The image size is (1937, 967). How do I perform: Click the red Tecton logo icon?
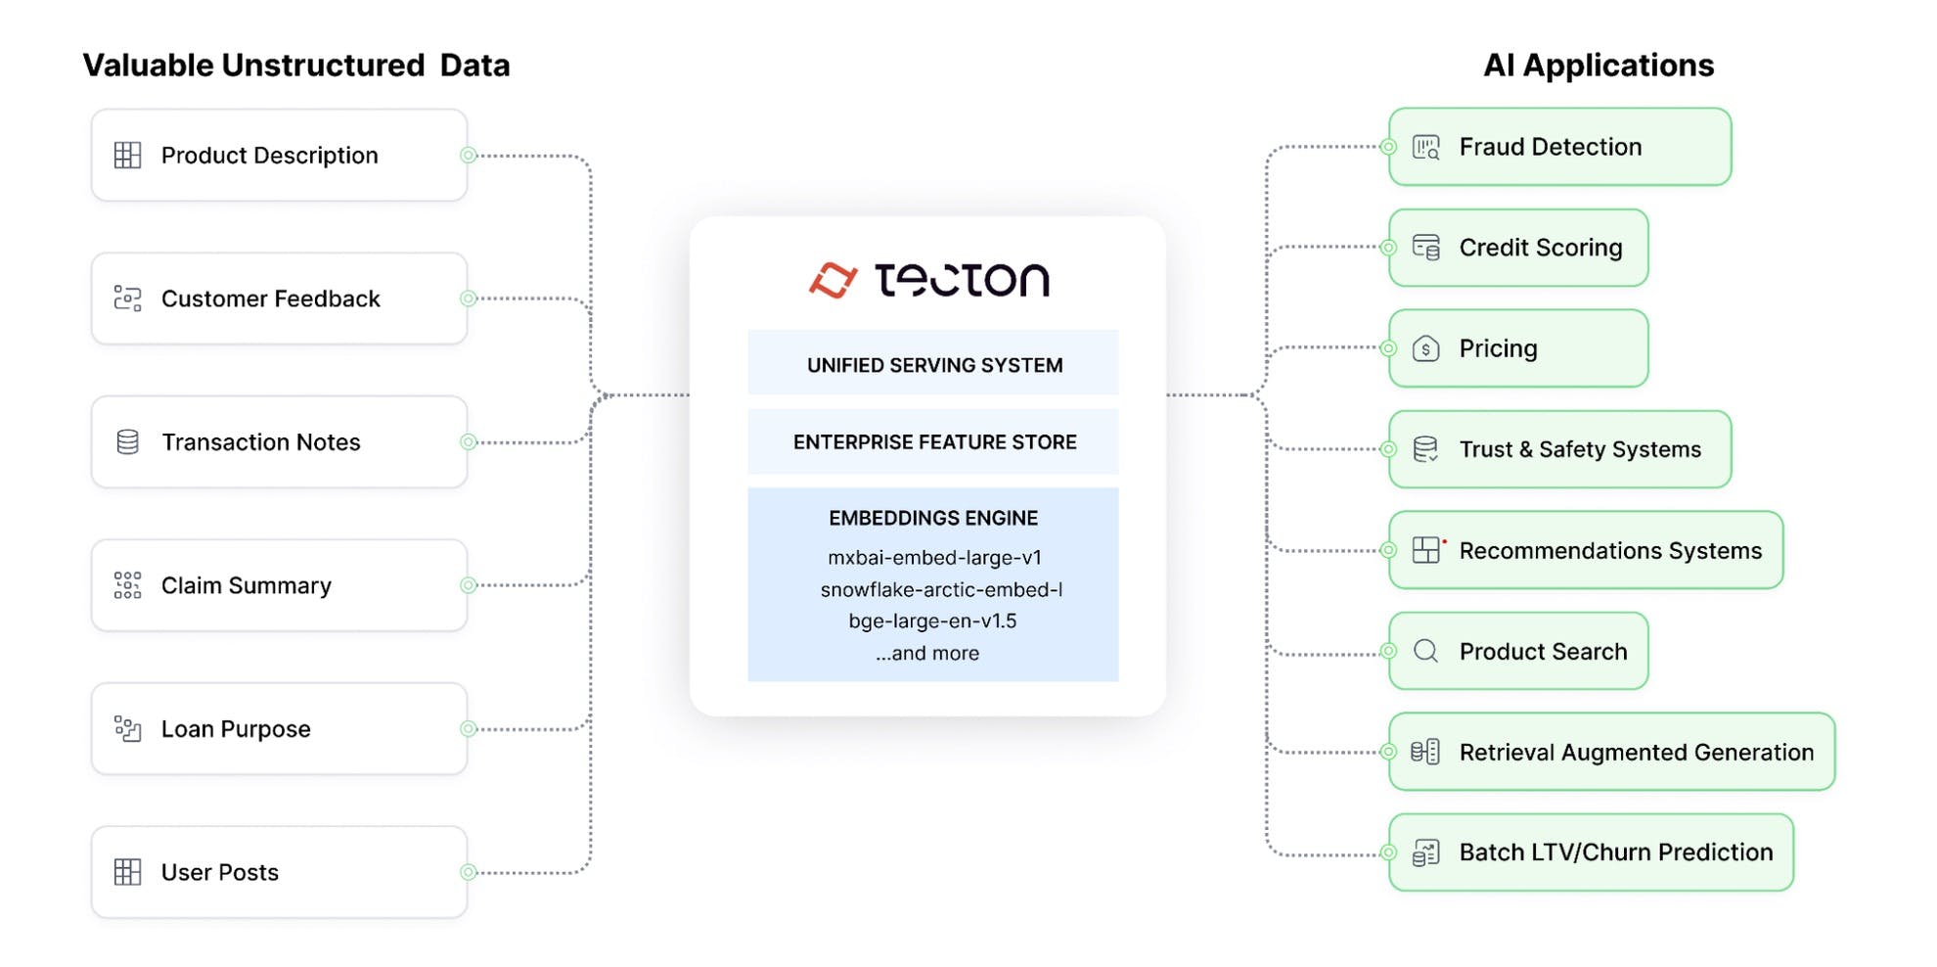click(x=833, y=280)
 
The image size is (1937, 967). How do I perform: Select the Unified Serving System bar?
click(x=933, y=364)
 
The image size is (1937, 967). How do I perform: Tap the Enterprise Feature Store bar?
click(x=933, y=442)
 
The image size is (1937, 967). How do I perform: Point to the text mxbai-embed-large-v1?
click(x=934, y=558)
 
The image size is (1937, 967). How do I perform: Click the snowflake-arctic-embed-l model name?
click(x=941, y=589)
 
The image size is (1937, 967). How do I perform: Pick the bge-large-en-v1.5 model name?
click(x=932, y=622)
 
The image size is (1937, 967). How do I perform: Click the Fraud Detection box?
click(x=1559, y=147)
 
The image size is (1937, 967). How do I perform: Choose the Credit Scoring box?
click(x=1518, y=248)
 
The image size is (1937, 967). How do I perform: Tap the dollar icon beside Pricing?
click(x=1426, y=348)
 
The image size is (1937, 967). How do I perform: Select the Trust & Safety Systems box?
click(x=1559, y=449)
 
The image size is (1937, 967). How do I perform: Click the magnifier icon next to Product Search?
click(x=1426, y=652)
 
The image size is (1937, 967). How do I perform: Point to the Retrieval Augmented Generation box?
click(x=1611, y=752)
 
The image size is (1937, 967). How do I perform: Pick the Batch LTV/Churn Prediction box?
click(x=1591, y=852)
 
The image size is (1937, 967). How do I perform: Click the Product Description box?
click(x=279, y=156)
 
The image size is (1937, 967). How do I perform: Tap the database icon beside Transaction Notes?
click(x=128, y=442)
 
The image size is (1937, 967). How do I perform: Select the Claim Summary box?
click(x=279, y=585)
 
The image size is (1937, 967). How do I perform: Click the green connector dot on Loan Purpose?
click(x=469, y=729)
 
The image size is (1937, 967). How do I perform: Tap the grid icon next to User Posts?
click(x=128, y=872)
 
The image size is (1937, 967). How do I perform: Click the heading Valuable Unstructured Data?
click(x=296, y=66)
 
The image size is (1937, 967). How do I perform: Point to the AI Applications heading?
click(x=1599, y=66)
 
